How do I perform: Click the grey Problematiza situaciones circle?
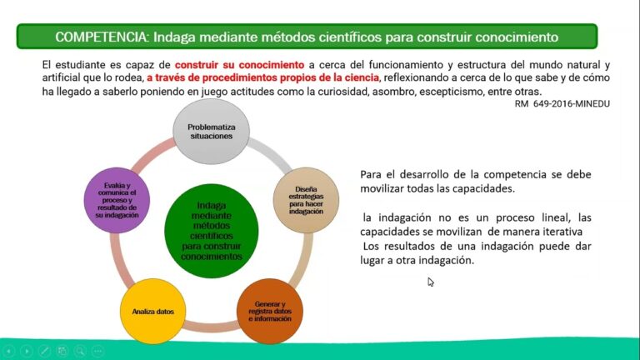tap(210, 132)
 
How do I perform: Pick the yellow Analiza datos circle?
tap(153, 312)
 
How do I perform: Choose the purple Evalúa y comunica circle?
tap(116, 200)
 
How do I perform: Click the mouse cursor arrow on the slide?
tap(431, 282)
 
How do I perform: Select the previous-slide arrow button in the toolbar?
tap(9, 352)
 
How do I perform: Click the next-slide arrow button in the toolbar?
tap(27, 352)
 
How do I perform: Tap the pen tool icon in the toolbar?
tap(45, 352)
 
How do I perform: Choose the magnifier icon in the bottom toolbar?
tap(80, 352)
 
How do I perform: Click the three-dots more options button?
tap(97, 352)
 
